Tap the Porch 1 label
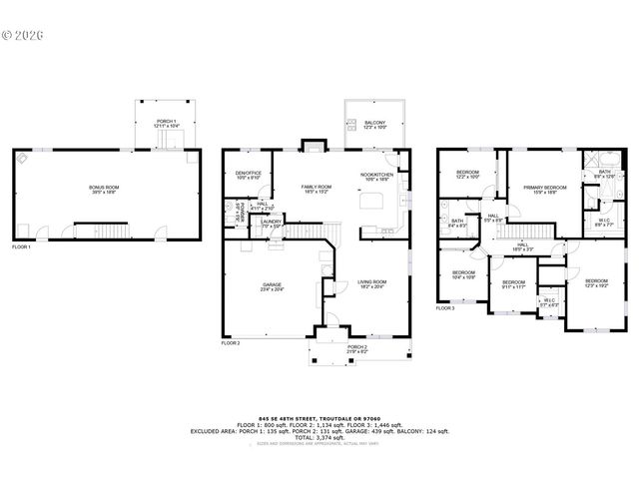(166, 124)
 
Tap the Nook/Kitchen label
(375, 178)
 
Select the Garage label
(272, 287)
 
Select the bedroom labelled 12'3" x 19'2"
(595, 283)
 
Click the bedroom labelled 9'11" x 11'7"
(513, 285)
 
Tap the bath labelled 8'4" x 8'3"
(456, 224)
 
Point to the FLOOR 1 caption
(22, 246)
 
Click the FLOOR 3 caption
(445, 309)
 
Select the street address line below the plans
(319, 419)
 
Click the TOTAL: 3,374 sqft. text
(319, 437)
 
